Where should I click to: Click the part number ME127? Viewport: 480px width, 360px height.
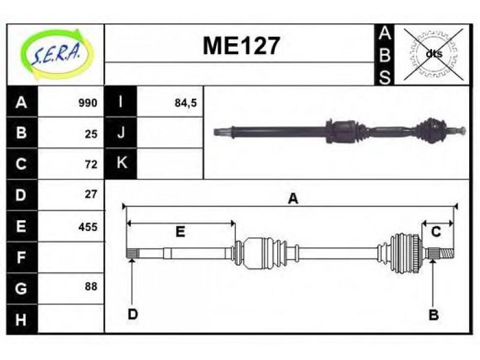pos(241,46)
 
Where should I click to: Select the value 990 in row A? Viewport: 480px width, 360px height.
pos(88,103)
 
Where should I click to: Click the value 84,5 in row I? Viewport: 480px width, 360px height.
pos(185,103)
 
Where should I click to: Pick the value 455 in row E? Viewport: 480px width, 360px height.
pos(88,227)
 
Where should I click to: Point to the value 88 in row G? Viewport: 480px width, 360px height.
pos(91,286)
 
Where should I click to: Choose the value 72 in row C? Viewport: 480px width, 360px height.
pos(91,164)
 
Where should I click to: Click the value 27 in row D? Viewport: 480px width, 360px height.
pos(91,194)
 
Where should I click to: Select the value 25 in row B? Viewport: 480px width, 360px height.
pos(91,134)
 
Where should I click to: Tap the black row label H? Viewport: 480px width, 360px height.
pos(22,319)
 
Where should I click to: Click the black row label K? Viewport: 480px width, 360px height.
pos(121,163)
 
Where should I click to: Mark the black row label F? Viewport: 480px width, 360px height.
pos(22,257)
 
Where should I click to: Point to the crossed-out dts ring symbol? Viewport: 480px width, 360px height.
pos(433,55)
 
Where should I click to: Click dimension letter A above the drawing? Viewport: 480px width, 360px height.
pos(293,199)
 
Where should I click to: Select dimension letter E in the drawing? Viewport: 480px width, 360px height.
pos(181,232)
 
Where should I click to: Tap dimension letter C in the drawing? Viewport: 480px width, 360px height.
pos(436,232)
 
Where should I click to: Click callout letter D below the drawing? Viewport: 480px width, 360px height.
pos(133,314)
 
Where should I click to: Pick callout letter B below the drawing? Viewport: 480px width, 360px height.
pos(433,314)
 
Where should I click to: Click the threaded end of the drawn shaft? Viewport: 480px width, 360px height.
pos(446,253)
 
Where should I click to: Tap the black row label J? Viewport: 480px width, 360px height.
pos(121,133)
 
